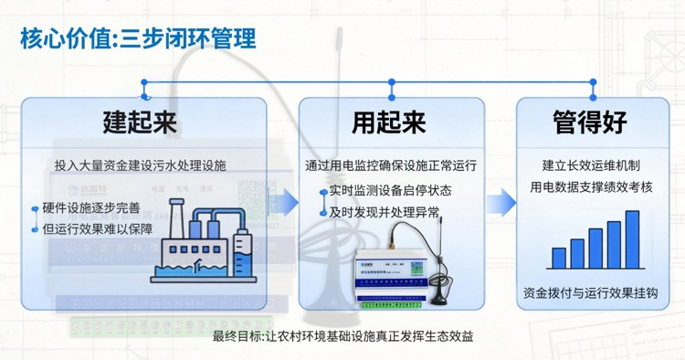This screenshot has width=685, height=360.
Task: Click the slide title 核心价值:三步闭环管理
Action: click(137, 37)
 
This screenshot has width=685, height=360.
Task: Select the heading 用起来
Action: click(389, 122)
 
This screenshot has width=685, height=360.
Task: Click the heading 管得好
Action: click(591, 122)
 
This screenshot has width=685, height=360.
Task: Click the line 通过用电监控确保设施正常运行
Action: click(391, 166)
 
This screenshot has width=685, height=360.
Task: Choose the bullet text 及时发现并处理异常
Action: click(385, 212)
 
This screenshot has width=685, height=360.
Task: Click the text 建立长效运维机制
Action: click(591, 166)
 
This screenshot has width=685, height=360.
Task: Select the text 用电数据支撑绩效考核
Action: click(591, 187)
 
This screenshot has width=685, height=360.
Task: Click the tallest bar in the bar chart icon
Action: click(632, 239)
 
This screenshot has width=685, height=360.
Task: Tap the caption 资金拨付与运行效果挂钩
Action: click(591, 294)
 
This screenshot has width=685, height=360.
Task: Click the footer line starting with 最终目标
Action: click(342, 335)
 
